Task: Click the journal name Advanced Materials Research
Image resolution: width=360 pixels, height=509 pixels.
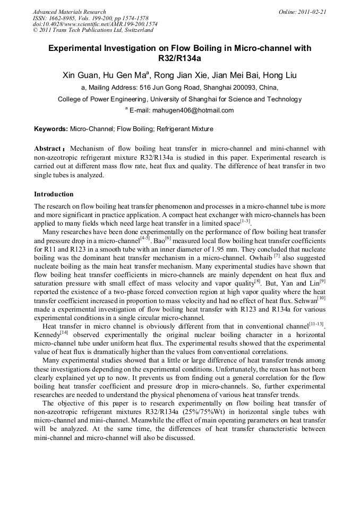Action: coord(69,12)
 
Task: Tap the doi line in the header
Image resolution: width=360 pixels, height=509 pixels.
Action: coord(95,24)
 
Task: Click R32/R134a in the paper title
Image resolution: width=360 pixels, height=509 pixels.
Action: coord(180,58)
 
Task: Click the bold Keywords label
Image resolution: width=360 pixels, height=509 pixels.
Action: coord(51,129)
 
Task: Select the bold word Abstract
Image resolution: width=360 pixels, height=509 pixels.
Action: coord(49,149)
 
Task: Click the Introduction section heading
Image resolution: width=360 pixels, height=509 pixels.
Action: coord(54,194)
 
